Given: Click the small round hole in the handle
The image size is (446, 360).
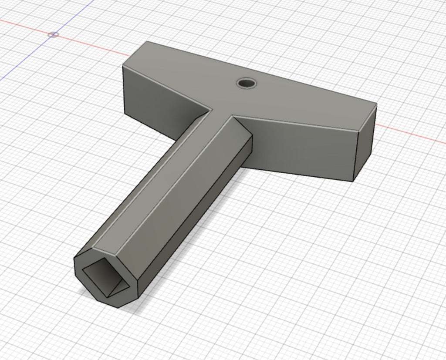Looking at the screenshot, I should (x=247, y=83).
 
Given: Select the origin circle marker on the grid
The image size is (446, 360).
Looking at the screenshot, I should (x=53, y=34).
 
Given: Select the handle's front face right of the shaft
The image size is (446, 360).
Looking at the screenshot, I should (x=301, y=146).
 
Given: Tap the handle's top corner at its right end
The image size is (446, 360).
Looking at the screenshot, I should (x=376, y=104).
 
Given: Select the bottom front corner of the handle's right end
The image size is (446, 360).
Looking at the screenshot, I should (x=353, y=181).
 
